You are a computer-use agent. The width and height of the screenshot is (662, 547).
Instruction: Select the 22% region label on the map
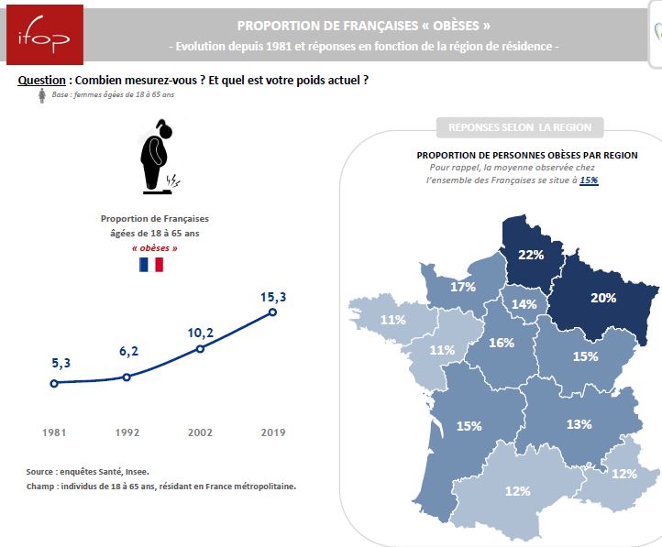531,255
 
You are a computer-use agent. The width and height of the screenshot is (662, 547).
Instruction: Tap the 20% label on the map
602,298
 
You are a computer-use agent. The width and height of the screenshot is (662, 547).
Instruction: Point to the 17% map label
463,288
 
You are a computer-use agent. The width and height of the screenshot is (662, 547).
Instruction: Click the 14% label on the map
524,304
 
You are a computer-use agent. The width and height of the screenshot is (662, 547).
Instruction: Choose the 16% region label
501,343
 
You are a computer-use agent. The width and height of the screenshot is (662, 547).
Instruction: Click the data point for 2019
272,312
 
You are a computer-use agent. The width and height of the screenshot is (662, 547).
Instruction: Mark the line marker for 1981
54,383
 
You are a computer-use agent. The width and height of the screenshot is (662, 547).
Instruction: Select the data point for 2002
200,348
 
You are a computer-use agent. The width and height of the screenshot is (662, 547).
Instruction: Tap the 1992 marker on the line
127,377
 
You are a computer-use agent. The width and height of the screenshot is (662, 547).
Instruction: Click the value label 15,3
272,296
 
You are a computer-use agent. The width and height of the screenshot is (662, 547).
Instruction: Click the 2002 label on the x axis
200,432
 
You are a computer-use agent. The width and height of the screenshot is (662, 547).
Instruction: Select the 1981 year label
54,432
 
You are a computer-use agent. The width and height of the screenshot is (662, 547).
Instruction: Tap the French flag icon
150,265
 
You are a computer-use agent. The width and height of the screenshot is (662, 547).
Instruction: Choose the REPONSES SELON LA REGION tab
519,126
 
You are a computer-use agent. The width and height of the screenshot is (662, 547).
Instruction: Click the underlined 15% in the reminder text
589,181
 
